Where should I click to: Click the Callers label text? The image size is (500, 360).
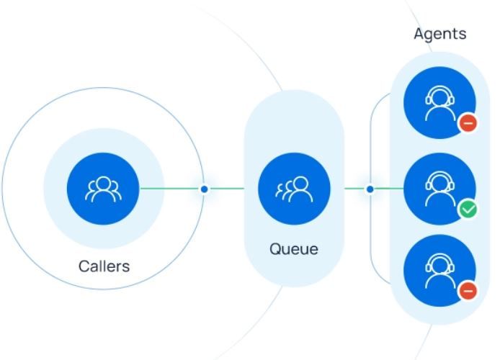click(x=104, y=266)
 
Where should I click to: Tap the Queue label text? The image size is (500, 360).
click(x=293, y=249)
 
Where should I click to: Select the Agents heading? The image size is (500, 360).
click(x=439, y=33)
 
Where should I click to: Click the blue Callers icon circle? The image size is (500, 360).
click(x=104, y=189)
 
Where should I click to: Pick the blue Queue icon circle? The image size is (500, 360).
click(x=294, y=189)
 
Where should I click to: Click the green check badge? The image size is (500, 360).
click(x=468, y=210)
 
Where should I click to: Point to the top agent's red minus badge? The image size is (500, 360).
click(x=468, y=123)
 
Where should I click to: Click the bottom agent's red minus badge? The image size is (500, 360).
click(x=468, y=291)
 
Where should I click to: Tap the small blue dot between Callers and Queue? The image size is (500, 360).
click(x=205, y=189)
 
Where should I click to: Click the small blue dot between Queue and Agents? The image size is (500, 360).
click(x=370, y=189)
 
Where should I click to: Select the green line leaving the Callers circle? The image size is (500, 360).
click(x=169, y=189)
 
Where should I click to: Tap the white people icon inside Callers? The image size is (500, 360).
click(x=104, y=189)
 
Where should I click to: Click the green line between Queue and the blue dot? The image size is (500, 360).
click(x=355, y=189)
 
